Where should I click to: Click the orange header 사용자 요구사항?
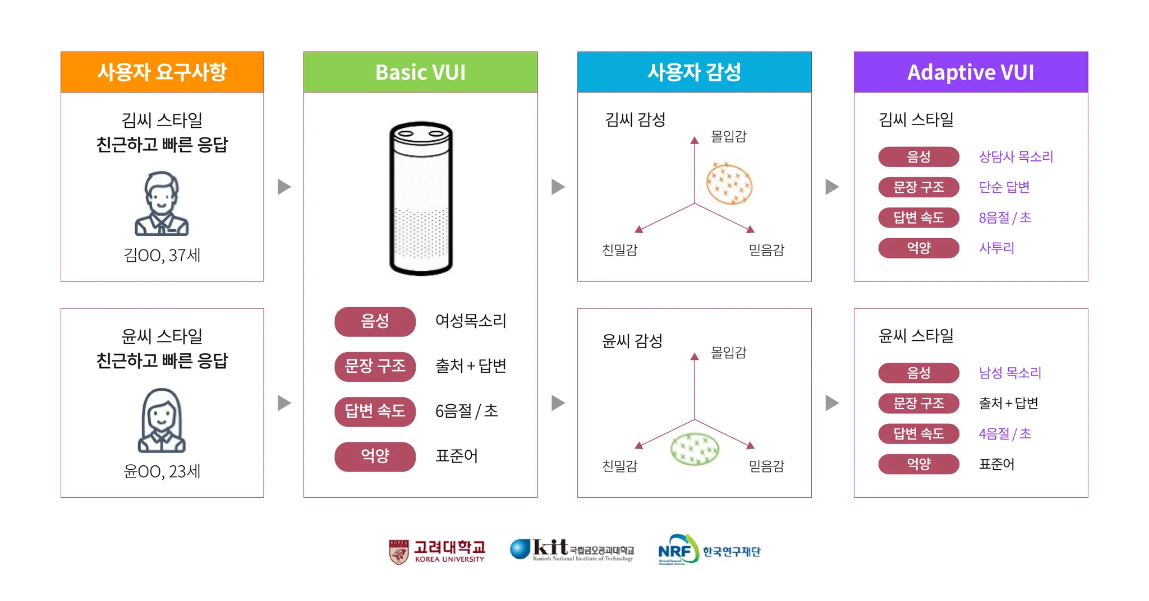pyautogui.click(x=162, y=72)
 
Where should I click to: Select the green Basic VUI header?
pyautogui.click(x=420, y=72)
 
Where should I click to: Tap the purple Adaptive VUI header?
pyautogui.click(x=971, y=72)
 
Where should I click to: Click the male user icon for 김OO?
pyautogui.click(x=162, y=204)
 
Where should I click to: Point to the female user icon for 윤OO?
pyautogui.click(x=162, y=420)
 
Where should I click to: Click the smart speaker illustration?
pyautogui.click(x=421, y=198)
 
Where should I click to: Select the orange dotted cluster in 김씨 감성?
pyautogui.click(x=729, y=183)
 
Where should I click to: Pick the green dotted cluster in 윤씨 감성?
pyautogui.click(x=695, y=449)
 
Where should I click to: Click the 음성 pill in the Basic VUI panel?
pyautogui.click(x=375, y=321)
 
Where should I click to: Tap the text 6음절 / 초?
pyautogui.click(x=466, y=411)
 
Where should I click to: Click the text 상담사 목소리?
pyautogui.click(x=1015, y=156)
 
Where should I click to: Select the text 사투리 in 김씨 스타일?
pyautogui.click(x=996, y=248)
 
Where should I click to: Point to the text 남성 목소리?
pyautogui.click(x=1010, y=373)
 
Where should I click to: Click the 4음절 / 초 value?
pyautogui.click(x=1005, y=433)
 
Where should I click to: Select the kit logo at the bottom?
pyautogui.click(x=572, y=550)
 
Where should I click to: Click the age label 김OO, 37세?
pyautogui.click(x=162, y=256)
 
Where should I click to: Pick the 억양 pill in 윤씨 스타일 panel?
pyautogui.click(x=918, y=464)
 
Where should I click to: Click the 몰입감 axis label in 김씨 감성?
pyautogui.click(x=728, y=136)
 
